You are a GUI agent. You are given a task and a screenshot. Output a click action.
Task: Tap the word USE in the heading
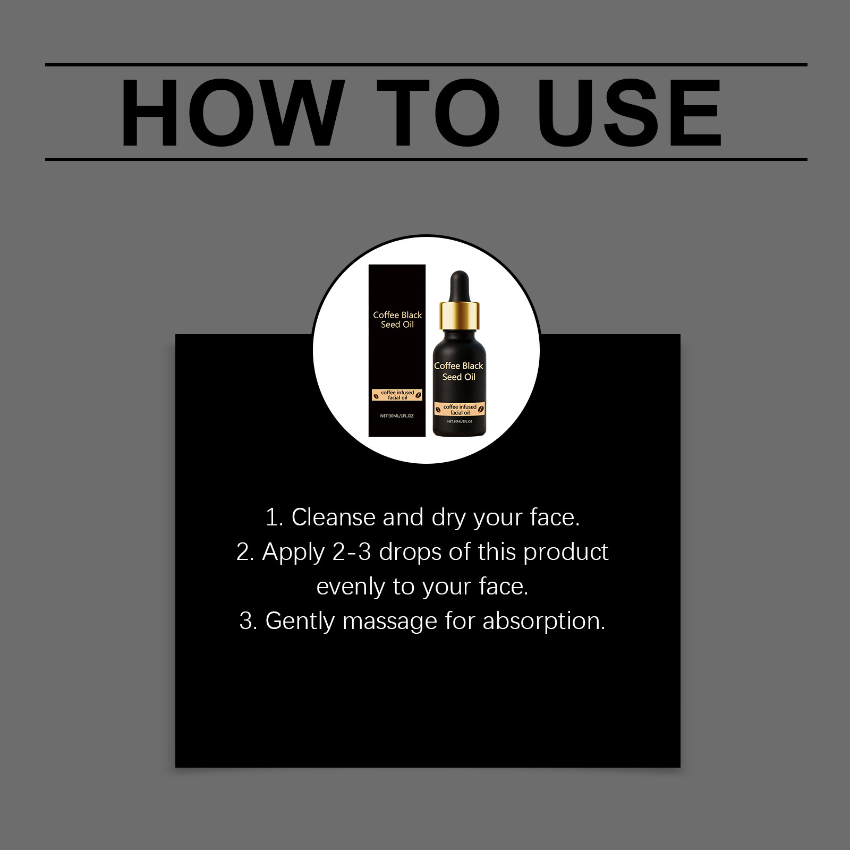pos(630,113)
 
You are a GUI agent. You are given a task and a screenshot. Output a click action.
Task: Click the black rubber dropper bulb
pos(458,286)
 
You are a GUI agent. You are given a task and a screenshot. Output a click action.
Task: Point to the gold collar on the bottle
pos(459,314)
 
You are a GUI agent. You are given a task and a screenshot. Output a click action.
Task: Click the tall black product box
pos(397,351)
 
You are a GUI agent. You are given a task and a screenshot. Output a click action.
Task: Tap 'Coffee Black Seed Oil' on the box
pos(397,320)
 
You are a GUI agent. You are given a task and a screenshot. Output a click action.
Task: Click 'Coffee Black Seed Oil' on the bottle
pos(459,371)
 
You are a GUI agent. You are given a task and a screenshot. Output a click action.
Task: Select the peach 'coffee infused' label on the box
pos(397,395)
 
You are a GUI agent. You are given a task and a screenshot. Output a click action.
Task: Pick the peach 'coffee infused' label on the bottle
pos(460,410)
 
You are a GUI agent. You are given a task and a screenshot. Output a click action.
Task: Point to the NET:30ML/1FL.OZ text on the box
pos(397,416)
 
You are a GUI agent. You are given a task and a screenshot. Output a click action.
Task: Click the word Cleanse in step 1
pos(333,517)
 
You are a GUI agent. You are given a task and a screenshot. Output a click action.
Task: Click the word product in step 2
pos(566,552)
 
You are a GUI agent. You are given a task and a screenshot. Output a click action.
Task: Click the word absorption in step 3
pos(544,622)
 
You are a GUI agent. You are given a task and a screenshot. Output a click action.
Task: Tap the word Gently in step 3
pos(300,622)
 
